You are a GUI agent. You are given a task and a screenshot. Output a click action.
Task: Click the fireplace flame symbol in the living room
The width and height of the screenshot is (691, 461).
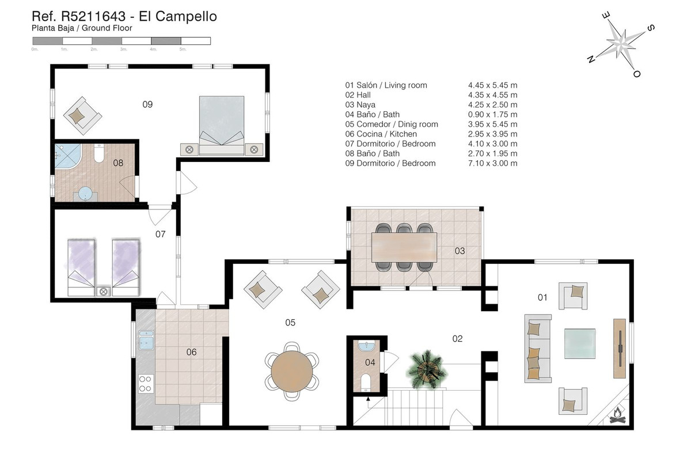pos(617,415)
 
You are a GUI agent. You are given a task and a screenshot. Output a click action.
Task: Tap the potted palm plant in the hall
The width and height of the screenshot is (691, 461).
pos(427,369)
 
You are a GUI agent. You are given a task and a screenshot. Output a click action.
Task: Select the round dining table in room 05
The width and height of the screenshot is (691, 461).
pos(291,372)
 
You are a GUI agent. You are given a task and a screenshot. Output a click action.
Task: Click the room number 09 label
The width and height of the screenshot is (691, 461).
pos(147,104)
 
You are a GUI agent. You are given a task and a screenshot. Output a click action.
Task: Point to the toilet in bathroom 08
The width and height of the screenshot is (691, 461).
pos(98,153)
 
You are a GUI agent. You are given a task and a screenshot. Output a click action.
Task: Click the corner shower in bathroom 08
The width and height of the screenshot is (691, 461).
pos(67,156)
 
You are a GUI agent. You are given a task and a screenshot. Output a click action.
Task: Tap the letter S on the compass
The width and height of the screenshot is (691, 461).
pos(650,28)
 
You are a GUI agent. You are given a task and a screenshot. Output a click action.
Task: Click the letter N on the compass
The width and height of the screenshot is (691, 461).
pos(591,59)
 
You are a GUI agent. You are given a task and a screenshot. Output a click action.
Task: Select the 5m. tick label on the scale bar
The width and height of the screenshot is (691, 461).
pos(183,49)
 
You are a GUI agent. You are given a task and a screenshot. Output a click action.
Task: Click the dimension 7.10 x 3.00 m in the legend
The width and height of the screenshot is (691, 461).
pos(493,163)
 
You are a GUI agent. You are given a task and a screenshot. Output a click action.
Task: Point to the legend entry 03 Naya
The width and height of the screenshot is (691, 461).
pos(360,105)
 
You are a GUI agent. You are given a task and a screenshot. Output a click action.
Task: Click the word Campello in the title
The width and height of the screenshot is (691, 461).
pos(186,16)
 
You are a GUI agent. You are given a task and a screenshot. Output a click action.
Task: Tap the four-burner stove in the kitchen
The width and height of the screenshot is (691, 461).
pos(145,384)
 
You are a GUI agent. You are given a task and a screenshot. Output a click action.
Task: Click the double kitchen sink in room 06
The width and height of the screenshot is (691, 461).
pos(146,340)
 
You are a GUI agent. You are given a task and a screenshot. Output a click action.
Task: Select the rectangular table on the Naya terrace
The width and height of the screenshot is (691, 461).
pos(404,247)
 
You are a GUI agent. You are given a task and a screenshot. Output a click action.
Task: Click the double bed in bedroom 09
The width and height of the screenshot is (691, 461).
pos(222,125)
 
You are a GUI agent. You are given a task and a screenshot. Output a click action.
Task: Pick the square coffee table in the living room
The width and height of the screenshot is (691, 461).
pos(580,343)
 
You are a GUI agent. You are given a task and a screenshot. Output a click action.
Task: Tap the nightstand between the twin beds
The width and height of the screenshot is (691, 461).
pos(103,291)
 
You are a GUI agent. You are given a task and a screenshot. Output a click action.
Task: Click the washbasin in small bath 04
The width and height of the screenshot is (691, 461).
pos(366,346)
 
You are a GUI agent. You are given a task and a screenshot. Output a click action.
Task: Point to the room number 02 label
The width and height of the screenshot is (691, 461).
pos(457,339)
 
